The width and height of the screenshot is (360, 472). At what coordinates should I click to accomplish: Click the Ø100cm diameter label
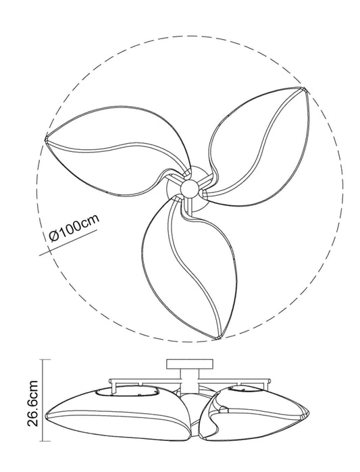(x=74, y=228)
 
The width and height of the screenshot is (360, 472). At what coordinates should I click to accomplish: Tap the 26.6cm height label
(x=32, y=403)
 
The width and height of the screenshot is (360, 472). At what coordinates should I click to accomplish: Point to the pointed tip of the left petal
(x=46, y=138)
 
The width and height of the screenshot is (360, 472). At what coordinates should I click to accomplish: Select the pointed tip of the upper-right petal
(x=304, y=88)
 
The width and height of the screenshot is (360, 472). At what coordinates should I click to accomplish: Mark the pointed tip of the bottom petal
(x=216, y=338)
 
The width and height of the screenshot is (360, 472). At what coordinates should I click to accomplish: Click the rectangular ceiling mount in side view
(x=190, y=364)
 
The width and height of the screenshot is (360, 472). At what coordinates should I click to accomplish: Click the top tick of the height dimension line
(x=45, y=359)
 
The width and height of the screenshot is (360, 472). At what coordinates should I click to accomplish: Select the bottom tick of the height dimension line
(x=45, y=442)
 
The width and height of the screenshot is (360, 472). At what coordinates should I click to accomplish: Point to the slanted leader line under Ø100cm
(x=68, y=243)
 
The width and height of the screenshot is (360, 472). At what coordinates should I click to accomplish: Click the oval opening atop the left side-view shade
(x=127, y=391)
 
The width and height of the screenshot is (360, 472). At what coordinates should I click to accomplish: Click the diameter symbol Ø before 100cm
(x=53, y=236)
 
